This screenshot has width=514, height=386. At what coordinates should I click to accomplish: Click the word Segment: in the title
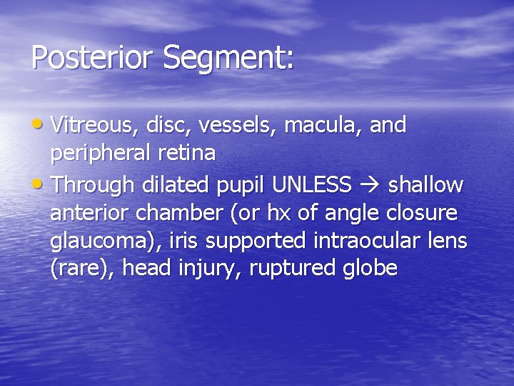228,58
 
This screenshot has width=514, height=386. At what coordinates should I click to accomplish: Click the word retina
191,153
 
